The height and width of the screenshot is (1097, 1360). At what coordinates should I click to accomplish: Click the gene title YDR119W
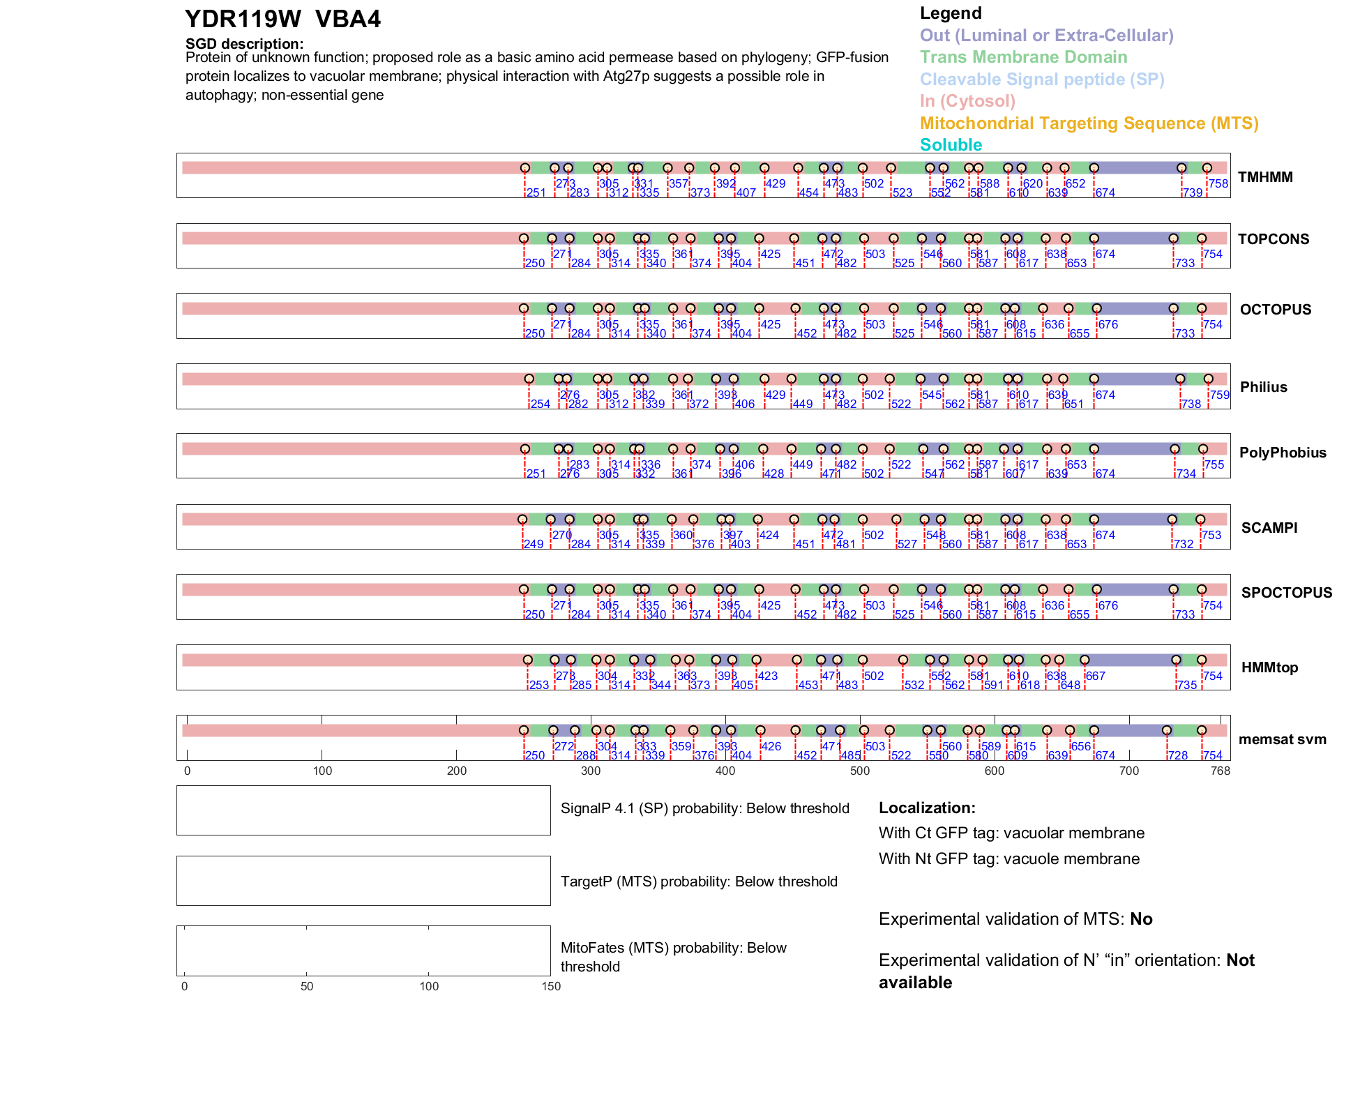coord(243,20)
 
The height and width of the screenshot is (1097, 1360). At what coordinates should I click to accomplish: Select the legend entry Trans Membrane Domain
coord(1023,57)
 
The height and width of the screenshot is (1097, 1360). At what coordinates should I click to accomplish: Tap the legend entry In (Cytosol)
coord(967,101)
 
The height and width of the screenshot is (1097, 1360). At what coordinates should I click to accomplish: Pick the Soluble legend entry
coord(951,145)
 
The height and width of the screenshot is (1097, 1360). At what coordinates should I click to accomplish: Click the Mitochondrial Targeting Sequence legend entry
coord(1089,123)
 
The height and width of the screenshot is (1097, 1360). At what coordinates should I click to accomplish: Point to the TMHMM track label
coord(1265,177)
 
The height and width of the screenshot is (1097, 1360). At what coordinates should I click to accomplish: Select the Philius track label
coord(1263,387)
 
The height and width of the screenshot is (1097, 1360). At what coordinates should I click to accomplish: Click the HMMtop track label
coord(1269,667)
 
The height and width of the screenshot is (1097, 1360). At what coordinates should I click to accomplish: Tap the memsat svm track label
coord(1282,739)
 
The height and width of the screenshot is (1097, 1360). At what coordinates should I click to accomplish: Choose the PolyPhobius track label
coord(1283,453)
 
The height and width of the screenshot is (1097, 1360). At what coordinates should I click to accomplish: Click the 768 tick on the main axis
coord(1221,771)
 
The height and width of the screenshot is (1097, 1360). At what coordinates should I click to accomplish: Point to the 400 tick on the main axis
coord(725,771)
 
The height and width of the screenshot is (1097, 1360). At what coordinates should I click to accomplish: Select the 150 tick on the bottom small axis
coord(551,986)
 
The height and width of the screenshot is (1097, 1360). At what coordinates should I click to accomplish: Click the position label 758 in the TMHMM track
coord(1218,183)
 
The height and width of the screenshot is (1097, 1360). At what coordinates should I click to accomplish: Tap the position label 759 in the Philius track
coord(1220,395)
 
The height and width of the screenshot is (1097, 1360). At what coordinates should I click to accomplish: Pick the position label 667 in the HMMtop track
coord(1096,676)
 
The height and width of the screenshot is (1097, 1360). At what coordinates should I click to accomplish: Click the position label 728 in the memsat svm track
coord(1178,755)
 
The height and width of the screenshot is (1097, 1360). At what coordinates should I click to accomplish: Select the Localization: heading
coord(927,808)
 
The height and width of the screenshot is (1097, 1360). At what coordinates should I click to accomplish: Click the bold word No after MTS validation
coord(1141,919)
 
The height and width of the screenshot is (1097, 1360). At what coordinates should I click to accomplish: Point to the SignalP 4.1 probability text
coord(704,808)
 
